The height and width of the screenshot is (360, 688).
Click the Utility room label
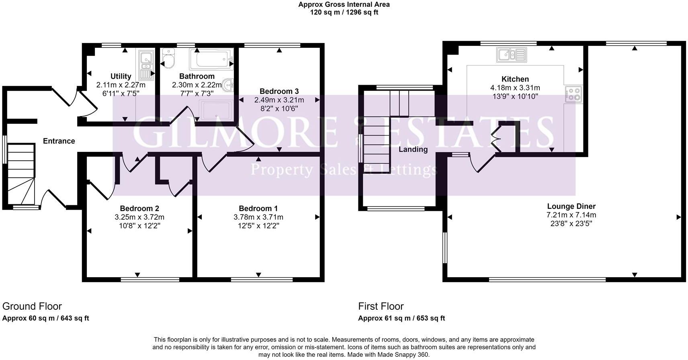(x=121, y=76)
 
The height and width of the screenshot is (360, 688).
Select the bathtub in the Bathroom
(x=211, y=59)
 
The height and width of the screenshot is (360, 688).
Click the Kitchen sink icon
(x=511, y=55)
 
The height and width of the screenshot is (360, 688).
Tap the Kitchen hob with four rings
(x=573, y=94)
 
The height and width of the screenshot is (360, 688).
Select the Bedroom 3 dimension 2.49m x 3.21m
(x=279, y=100)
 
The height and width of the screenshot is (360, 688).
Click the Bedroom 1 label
(x=258, y=209)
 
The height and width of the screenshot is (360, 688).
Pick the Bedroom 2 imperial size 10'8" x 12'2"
(x=139, y=226)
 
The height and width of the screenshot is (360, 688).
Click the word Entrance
(x=59, y=141)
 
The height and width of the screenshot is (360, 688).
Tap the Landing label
(x=413, y=149)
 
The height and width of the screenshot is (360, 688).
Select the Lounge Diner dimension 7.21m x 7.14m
(x=571, y=215)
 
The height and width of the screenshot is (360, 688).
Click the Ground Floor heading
(x=32, y=307)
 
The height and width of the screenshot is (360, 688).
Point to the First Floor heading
(x=381, y=307)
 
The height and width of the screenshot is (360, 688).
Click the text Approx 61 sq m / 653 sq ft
(x=401, y=318)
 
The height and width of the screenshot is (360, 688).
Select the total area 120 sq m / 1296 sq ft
(x=344, y=12)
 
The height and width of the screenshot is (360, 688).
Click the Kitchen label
(x=515, y=79)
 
